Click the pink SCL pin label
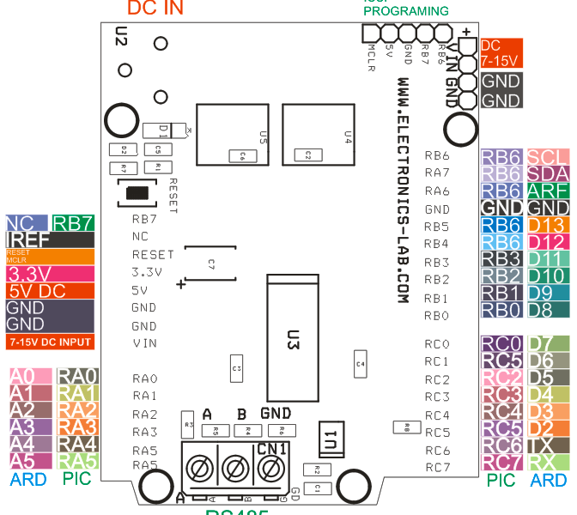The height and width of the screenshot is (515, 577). coord(547,157)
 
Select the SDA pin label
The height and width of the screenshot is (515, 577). coord(547,174)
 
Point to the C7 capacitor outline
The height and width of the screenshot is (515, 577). coord(210,263)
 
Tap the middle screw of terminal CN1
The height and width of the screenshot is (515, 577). coord(236,470)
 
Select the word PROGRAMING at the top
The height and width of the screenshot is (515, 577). coord(405,11)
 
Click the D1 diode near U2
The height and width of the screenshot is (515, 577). coord(164,131)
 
